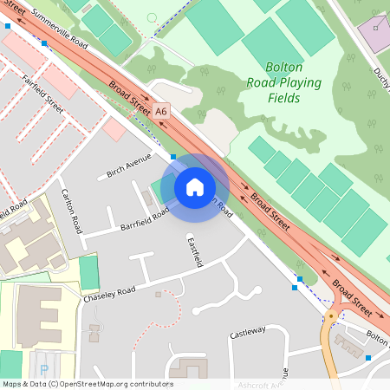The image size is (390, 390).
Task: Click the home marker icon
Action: [x=195, y=186]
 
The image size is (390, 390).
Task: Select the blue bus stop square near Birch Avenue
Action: [x=173, y=157]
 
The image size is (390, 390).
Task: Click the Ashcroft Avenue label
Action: [x=264, y=383]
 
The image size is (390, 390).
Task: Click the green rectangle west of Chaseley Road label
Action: [x=89, y=272]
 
